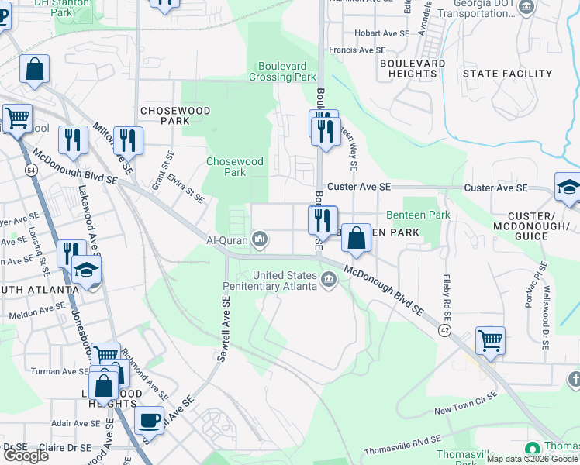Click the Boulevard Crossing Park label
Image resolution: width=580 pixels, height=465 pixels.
(x=282, y=71)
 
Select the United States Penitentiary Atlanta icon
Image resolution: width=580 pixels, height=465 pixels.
(x=329, y=278)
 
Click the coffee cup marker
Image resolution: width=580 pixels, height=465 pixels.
(x=149, y=421)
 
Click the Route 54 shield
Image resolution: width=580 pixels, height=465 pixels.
(x=30, y=169)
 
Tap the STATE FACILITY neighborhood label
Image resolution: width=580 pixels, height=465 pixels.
(x=506, y=74)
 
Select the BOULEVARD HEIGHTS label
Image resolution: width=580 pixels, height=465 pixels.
(x=413, y=68)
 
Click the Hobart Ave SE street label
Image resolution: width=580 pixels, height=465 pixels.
(x=381, y=33)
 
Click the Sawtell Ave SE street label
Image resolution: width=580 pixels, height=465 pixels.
(x=222, y=331)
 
